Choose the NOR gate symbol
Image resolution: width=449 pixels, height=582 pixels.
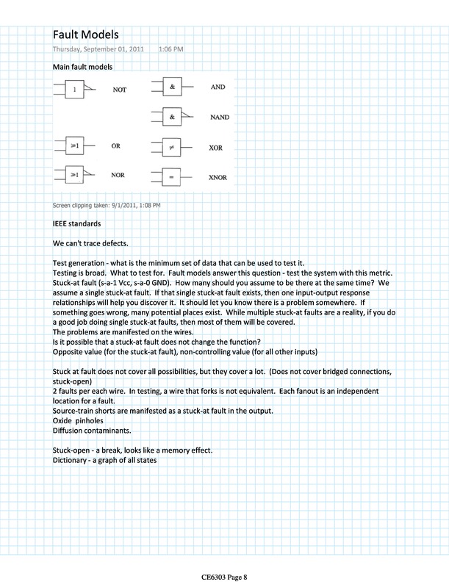coord(74,176)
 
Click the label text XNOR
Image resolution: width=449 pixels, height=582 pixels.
coord(218,178)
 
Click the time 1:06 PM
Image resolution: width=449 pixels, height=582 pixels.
coord(171,49)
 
